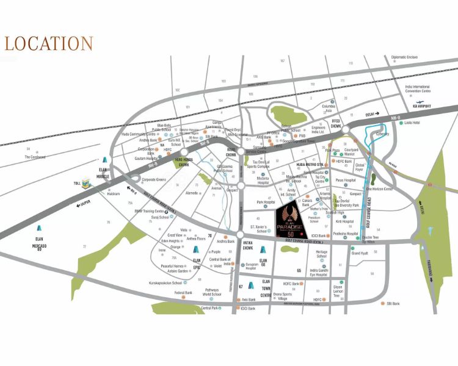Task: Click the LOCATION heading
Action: (49, 44)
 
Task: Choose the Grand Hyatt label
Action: (360, 253)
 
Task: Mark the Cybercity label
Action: (383, 134)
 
